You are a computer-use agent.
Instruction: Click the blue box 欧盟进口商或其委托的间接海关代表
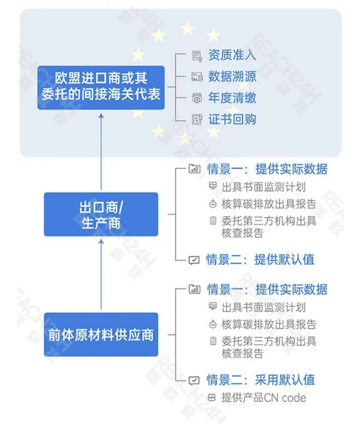(x=101, y=88)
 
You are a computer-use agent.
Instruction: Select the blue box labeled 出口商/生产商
(x=101, y=214)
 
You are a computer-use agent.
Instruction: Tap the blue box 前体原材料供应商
(x=101, y=335)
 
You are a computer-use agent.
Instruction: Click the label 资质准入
(x=232, y=55)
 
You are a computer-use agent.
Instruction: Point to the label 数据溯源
(x=232, y=76)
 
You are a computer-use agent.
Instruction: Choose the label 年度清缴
(x=232, y=98)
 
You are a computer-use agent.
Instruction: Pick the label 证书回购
(x=232, y=119)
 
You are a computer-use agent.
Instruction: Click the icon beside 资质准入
(x=197, y=56)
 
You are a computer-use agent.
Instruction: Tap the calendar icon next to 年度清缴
(x=197, y=98)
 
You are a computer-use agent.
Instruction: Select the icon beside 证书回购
(x=197, y=119)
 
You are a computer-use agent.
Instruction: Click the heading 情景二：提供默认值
(x=260, y=260)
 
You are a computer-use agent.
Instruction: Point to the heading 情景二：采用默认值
(x=261, y=380)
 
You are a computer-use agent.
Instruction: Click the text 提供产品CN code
(x=264, y=398)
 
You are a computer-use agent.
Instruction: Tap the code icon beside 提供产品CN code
(x=212, y=398)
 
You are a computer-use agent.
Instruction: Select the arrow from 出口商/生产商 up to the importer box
(x=101, y=152)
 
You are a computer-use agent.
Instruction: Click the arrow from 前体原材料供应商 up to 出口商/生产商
(x=101, y=275)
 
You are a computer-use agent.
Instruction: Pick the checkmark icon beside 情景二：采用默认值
(x=194, y=381)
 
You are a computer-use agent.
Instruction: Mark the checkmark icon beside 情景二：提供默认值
(x=194, y=261)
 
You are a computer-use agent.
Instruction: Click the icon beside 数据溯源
(x=197, y=77)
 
